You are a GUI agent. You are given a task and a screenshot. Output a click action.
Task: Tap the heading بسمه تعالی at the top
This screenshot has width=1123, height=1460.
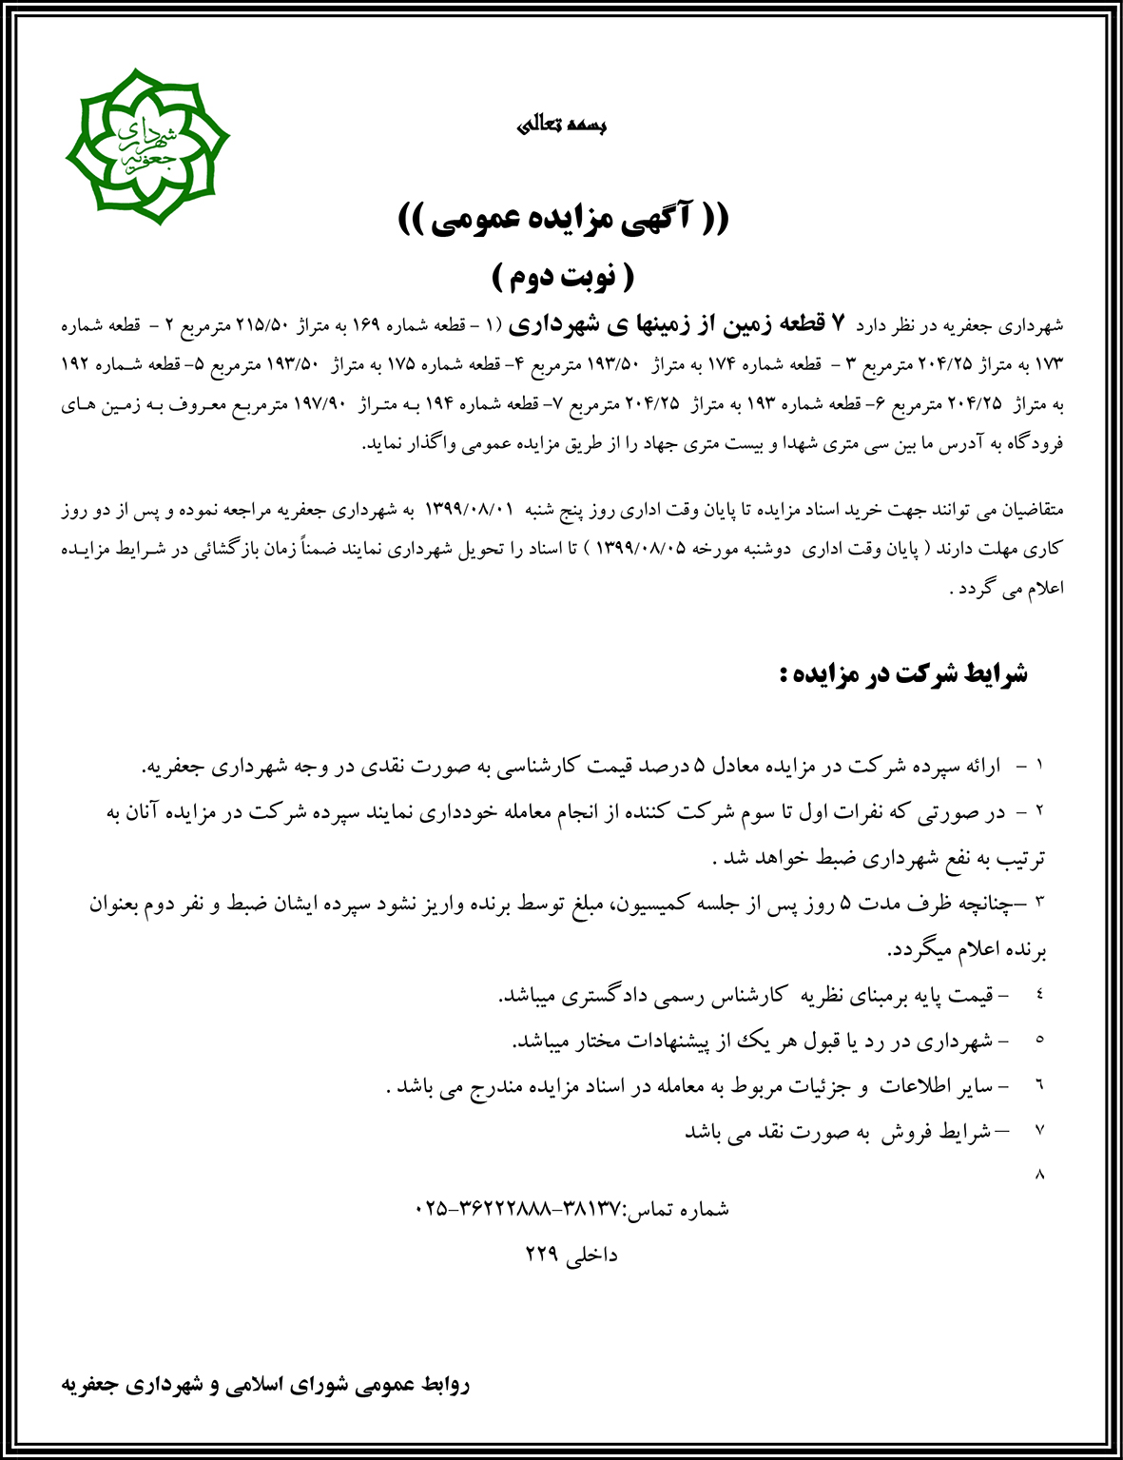coord(561,125)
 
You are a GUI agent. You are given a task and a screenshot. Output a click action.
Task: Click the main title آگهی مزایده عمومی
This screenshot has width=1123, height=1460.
coord(563,220)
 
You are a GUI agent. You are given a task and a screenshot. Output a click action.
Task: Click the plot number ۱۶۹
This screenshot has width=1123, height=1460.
coord(366,325)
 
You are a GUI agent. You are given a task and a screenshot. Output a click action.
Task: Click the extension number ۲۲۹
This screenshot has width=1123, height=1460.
coord(542,1254)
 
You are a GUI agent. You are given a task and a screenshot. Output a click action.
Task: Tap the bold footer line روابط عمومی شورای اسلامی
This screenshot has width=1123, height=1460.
coord(265,1385)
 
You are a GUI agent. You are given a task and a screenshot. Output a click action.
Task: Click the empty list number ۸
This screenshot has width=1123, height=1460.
coord(1039,1175)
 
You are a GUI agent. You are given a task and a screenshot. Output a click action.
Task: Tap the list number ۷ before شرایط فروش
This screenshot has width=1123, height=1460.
coord(1039,1130)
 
